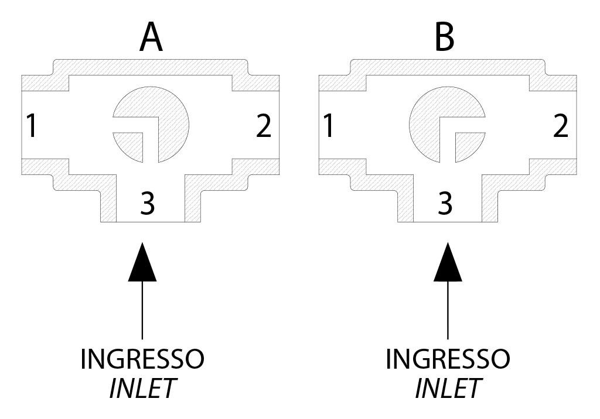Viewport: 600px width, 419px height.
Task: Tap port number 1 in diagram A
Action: point(32,125)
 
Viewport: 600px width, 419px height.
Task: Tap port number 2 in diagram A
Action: point(264,125)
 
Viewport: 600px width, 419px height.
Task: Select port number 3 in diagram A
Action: point(148,203)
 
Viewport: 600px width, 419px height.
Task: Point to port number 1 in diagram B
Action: point(329,125)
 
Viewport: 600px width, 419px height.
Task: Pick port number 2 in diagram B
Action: point(560,125)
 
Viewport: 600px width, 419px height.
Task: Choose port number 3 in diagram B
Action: point(445,203)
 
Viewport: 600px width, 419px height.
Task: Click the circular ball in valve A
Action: point(164,111)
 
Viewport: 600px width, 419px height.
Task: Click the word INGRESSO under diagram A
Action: point(142,359)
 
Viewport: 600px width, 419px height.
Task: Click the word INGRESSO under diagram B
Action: point(448,359)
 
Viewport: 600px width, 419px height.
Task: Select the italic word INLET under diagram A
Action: point(142,389)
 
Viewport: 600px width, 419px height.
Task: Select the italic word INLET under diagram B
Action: point(448,389)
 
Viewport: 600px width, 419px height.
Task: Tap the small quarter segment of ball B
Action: point(468,146)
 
